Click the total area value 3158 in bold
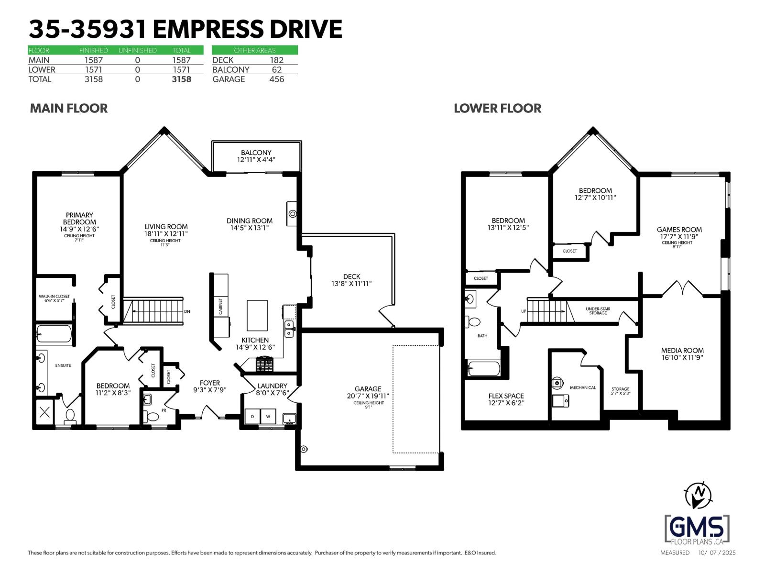click(x=181, y=79)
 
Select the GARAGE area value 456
click(x=276, y=79)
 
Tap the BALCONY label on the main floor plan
click(x=256, y=153)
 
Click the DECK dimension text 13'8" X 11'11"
click(x=351, y=284)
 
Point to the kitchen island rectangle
click(x=257, y=315)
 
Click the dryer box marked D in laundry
click(x=252, y=417)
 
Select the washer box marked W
click(x=268, y=417)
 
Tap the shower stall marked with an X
click(x=44, y=412)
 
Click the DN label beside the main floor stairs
click(x=187, y=311)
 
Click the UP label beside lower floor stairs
click(x=524, y=311)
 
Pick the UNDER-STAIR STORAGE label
click(x=598, y=311)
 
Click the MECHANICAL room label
click(x=583, y=387)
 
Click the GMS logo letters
click(x=697, y=528)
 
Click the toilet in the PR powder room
click(x=153, y=416)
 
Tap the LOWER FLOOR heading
click(x=497, y=109)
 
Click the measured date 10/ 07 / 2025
click(x=717, y=553)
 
